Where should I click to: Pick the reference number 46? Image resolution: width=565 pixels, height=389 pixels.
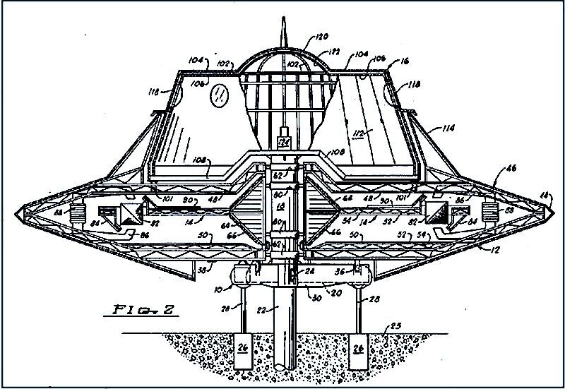click(510, 169)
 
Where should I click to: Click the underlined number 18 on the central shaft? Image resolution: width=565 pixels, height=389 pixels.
click(280, 207)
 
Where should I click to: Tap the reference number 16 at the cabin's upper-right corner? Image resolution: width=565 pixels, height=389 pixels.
click(404, 62)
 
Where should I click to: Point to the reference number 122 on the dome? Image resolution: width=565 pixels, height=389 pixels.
click(329, 52)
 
